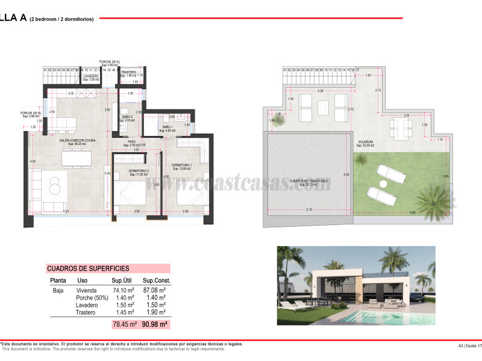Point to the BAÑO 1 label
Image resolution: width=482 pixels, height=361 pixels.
click(x=167, y=127)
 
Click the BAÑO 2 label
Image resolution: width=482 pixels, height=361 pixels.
click(x=127, y=117)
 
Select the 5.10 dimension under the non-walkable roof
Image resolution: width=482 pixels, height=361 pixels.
click(x=309, y=209)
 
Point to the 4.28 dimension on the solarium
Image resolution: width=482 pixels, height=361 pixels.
click(x=320, y=91)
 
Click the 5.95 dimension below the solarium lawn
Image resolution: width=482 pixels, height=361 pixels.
click(x=412, y=212)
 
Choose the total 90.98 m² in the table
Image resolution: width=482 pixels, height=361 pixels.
click(x=155, y=324)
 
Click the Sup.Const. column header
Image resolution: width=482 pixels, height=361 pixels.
click(x=157, y=280)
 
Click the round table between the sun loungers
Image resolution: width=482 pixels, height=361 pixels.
click(x=383, y=183)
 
